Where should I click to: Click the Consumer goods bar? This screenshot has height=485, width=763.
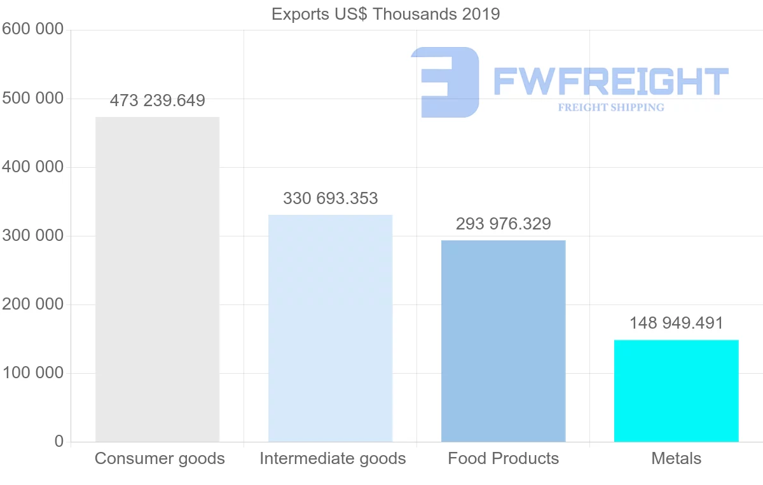click(x=157, y=279)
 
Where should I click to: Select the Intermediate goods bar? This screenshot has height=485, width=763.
click(x=330, y=328)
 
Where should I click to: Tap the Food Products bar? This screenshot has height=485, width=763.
click(x=503, y=341)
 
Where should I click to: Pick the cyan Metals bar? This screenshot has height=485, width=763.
click(x=676, y=390)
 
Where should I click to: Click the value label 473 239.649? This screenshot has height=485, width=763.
click(x=157, y=101)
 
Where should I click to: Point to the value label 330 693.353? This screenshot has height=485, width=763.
click(x=330, y=198)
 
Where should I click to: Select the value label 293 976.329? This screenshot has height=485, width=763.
click(x=503, y=224)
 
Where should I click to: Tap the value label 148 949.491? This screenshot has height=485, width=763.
click(x=676, y=323)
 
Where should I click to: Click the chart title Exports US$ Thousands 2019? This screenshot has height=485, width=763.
click(x=385, y=14)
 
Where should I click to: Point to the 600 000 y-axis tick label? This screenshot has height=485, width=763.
click(x=32, y=29)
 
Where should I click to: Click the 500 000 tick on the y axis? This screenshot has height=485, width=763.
click(x=32, y=99)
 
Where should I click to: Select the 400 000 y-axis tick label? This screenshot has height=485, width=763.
click(x=32, y=167)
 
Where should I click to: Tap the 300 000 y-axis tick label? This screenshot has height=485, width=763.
click(x=32, y=236)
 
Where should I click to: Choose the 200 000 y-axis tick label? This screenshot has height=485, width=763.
click(x=32, y=304)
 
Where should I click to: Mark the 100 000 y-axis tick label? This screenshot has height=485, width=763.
click(x=32, y=373)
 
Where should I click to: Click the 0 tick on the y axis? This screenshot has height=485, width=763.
click(x=58, y=441)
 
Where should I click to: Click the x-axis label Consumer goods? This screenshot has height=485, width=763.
click(x=160, y=458)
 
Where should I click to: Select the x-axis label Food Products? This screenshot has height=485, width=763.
click(x=503, y=458)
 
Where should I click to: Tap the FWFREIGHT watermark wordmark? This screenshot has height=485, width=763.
click(x=610, y=81)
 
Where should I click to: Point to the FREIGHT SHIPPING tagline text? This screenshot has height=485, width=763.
click(x=610, y=107)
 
